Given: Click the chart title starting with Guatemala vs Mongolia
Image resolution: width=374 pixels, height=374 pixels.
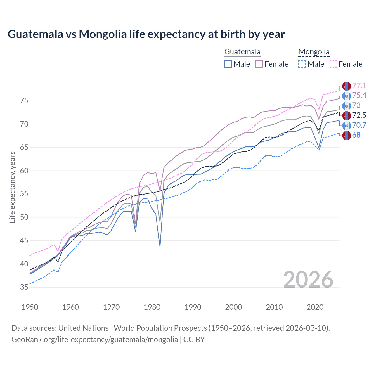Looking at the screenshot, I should tap(146, 34).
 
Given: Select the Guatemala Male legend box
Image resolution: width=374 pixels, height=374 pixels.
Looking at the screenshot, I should tap(228, 64).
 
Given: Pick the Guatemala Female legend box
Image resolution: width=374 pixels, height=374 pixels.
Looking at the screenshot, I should tap(259, 64).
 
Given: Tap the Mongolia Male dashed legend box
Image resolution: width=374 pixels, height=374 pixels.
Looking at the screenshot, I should tap(302, 64).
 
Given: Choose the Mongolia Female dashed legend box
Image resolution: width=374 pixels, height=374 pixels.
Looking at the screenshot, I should tap(333, 64).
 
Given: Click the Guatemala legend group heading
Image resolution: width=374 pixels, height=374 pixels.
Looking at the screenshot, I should tap(242, 52).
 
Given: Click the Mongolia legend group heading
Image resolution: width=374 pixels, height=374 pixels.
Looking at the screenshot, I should tap(314, 52).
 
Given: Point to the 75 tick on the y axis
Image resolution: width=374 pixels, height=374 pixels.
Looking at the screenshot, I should tap(24, 101).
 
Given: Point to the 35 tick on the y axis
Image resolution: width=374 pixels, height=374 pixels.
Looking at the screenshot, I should tap(24, 287).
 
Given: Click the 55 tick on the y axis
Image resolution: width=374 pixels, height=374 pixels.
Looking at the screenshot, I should tap(24, 194).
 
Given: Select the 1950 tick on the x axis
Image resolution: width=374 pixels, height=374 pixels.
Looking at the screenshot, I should tap(30, 307).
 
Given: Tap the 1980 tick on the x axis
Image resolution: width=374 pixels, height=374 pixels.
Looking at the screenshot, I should tap(152, 307).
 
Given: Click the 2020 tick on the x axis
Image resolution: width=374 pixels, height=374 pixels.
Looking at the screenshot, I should tap(315, 307).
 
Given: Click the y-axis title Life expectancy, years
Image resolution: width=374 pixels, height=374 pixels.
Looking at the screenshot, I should tap(12, 187).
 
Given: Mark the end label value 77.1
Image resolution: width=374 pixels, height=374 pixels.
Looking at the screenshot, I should tap(359, 86).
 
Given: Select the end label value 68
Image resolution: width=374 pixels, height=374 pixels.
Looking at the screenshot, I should tap(356, 135).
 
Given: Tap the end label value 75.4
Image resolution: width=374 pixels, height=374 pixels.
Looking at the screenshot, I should tap(359, 96).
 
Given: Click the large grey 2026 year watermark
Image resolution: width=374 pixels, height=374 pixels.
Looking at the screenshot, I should tap(308, 280).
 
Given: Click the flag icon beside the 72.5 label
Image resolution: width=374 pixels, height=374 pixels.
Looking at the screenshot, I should tap(347, 115).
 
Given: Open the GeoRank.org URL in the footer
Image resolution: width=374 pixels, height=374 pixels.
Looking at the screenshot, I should tap(95, 340).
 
